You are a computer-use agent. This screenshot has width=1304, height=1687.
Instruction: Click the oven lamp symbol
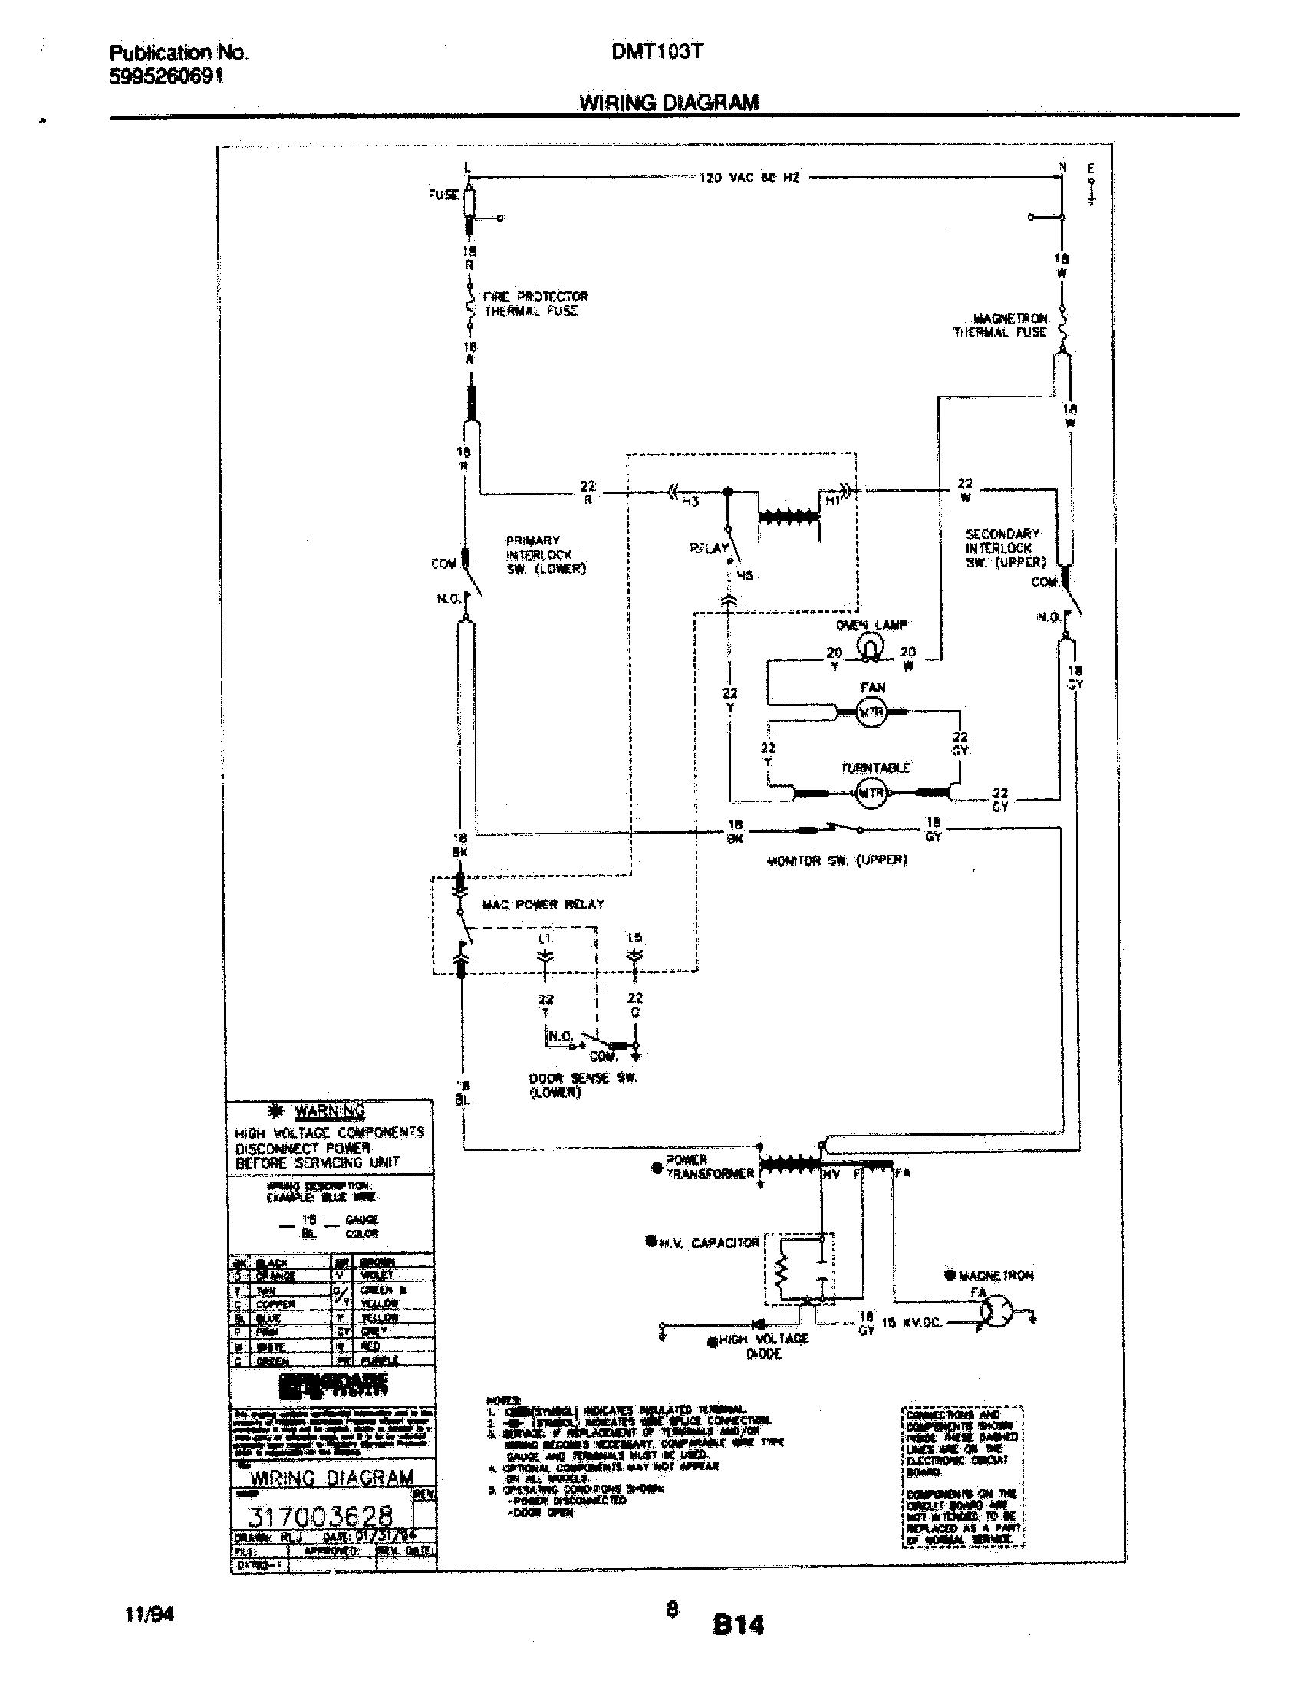coord(871,647)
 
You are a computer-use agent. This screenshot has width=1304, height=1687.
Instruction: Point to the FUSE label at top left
coord(443,196)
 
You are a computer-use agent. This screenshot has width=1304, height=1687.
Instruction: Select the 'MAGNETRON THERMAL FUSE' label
coord(1000,325)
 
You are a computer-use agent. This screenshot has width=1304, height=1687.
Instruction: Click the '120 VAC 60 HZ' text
coord(749,178)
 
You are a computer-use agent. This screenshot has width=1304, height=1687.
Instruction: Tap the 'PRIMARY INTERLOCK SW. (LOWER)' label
coord(545,554)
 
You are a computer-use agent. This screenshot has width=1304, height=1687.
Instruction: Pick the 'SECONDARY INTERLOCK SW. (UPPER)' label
coord(1004,548)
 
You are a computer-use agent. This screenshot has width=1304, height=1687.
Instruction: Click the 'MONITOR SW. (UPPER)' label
coord(837,860)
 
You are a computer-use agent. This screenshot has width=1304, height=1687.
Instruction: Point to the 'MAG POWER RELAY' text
coord(542,904)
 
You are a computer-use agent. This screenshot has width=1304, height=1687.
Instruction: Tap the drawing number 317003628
coord(324,1516)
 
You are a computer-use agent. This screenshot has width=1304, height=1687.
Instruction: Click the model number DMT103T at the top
coord(657,51)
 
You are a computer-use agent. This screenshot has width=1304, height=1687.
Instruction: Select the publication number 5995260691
coord(166,77)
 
